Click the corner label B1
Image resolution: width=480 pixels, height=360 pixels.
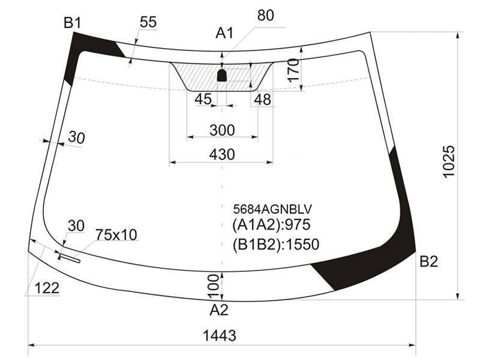(72, 23)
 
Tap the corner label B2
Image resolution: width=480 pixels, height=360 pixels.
(428, 262)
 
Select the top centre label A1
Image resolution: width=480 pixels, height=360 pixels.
(224, 33)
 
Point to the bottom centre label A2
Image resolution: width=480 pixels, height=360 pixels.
(219, 310)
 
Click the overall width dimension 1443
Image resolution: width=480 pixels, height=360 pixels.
(220, 335)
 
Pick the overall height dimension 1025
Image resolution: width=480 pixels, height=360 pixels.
(449, 161)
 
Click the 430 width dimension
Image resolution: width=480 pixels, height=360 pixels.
(222, 155)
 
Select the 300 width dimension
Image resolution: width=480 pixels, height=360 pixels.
(222, 130)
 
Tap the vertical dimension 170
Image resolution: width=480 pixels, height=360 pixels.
(293, 70)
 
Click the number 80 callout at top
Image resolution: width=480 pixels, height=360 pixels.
(265, 16)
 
